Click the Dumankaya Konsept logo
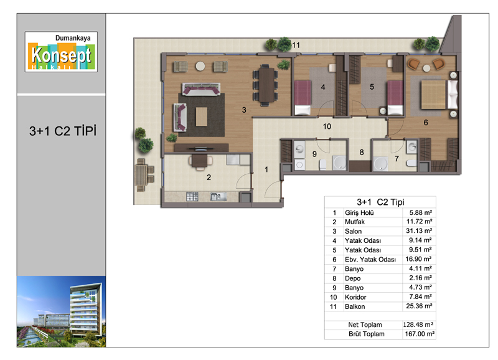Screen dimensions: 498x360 (x=61, y=52)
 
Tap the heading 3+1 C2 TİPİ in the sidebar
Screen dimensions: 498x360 (x=63, y=131)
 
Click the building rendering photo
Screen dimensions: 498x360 (x=61, y=311)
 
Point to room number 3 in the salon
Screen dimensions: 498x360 (x=244, y=110)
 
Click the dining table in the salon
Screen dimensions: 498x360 (x=266, y=85)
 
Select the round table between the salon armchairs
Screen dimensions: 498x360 (x=200, y=66)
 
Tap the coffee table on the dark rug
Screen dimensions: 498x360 (x=201, y=116)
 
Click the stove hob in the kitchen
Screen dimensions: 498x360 (x=192, y=196)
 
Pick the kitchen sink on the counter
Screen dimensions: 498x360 (x=218, y=197)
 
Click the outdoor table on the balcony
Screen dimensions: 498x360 (x=141, y=175)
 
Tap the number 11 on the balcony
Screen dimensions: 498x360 (x=296, y=45)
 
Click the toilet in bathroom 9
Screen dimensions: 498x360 (x=322, y=164)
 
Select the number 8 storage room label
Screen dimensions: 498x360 (x=362, y=153)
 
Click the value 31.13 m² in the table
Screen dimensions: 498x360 (x=419, y=231)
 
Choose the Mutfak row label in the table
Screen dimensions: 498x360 (x=354, y=222)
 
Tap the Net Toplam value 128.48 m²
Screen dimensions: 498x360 (x=418, y=324)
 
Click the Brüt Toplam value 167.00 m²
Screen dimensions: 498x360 (x=419, y=334)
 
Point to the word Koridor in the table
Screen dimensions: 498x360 (x=355, y=297)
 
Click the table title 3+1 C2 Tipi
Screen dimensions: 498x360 (x=380, y=202)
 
